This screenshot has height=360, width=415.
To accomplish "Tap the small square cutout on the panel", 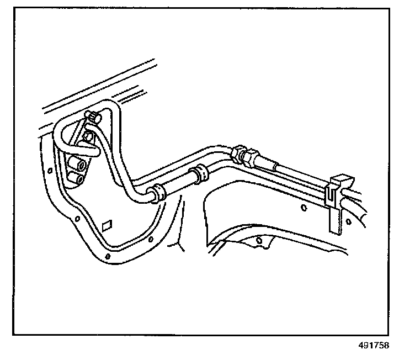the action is click(x=107, y=225).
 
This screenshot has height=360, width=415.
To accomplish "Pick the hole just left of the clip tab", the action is click(x=304, y=208).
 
